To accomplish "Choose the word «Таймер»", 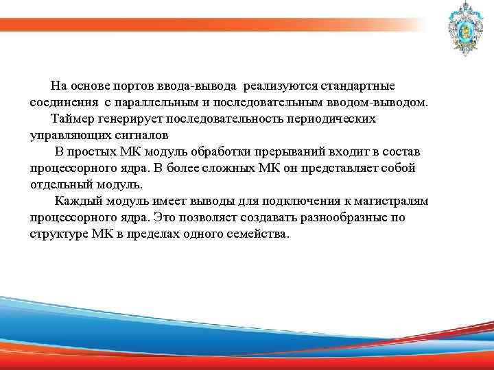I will (x=71, y=119).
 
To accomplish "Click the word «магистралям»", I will (x=390, y=201).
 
